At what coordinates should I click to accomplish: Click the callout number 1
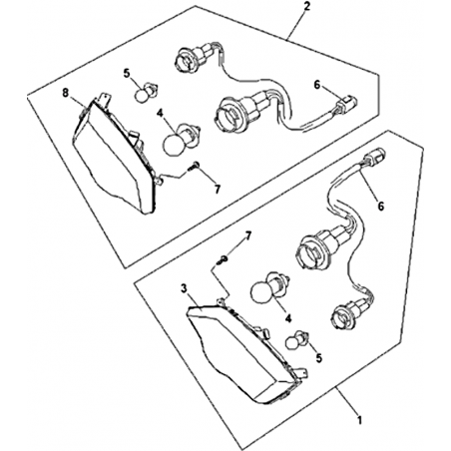coord(359,420)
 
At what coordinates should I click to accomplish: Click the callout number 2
coord(306,6)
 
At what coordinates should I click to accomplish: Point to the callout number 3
coord(184,288)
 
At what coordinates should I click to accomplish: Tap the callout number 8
coord(66,93)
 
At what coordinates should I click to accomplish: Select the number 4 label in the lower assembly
coord(288,318)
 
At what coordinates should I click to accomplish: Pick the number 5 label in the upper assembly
coord(127,73)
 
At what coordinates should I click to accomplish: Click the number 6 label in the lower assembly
coord(381,206)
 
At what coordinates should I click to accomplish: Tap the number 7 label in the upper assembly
coord(218,190)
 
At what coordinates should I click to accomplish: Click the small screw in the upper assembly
coord(194,166)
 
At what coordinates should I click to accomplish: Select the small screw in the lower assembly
coord(222,259)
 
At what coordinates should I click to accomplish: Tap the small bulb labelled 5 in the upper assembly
coord(147,92)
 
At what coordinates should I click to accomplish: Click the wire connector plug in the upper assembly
coord(346,100)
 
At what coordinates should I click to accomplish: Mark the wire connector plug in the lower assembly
coord(376,156)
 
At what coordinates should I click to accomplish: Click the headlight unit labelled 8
coord(113,153)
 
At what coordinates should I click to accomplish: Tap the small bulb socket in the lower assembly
coord(349,310)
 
